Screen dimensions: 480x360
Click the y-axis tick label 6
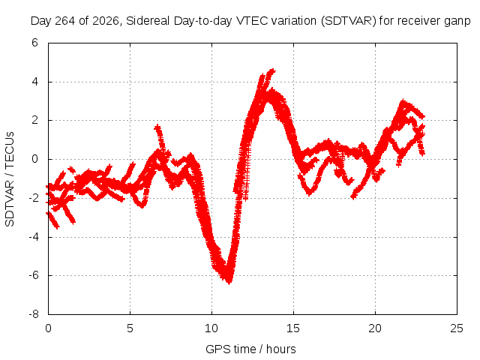[34, 43]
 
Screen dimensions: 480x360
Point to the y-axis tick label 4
[34, 82]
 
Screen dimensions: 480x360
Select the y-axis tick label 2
[34, 120]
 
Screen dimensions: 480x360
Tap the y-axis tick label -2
[33, 198]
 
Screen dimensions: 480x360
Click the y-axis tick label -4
[33, 237]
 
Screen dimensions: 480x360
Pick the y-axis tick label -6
[33, 275]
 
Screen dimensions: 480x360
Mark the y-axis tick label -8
[33, 314]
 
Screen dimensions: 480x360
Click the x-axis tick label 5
[130, 328]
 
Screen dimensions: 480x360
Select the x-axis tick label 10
[211, 328]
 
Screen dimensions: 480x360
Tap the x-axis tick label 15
[293, 328]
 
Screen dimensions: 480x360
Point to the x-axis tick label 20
[375, 328]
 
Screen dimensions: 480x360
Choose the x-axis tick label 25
[457, 328]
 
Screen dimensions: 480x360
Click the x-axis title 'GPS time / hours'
[250, 349]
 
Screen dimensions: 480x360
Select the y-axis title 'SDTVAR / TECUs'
[10, 179]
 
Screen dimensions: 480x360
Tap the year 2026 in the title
[106, 21]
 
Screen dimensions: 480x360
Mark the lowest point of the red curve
[229, 283]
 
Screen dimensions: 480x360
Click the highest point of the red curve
[272, 70]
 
